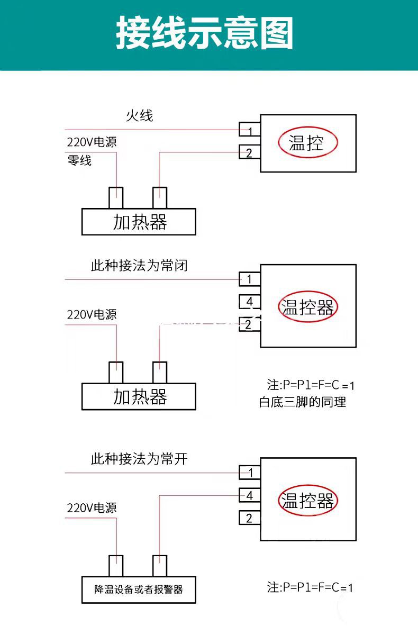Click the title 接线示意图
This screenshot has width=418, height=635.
(204, 33)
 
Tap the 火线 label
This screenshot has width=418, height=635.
(140, 116)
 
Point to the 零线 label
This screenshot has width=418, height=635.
(79, 160)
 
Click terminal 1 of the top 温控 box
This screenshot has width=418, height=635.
(250, 129)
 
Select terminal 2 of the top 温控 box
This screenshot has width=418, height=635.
(250, 152)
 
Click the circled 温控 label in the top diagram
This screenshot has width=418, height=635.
(308, 142)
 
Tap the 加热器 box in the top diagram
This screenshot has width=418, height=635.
(139, 222)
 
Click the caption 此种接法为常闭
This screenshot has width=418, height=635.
(139, 266)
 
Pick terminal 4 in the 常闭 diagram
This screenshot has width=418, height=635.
(250, 302)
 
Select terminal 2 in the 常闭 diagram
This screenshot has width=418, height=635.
(250, 324)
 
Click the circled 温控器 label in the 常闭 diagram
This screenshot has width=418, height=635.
(308, 307)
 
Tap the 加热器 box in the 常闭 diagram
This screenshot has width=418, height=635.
(139, 396)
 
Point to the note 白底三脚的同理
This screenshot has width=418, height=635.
(303, 402)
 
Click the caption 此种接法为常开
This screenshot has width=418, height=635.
(139, 459)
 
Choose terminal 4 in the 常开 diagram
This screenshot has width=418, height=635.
(250, 495)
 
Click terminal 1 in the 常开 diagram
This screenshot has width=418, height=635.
(250, 473)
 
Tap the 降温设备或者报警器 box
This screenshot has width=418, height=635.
(139, 590)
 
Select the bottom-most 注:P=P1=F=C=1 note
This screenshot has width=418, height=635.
(310, 587)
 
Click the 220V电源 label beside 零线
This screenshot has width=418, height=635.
(92, 142)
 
